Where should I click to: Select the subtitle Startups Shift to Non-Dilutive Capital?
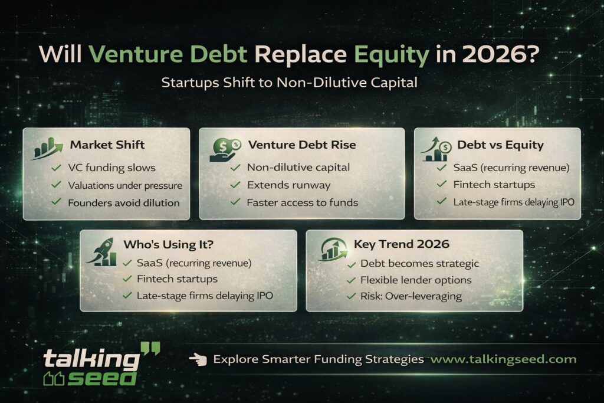click(x=289, y=83)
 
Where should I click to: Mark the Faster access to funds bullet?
click(x=302, y=202)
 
